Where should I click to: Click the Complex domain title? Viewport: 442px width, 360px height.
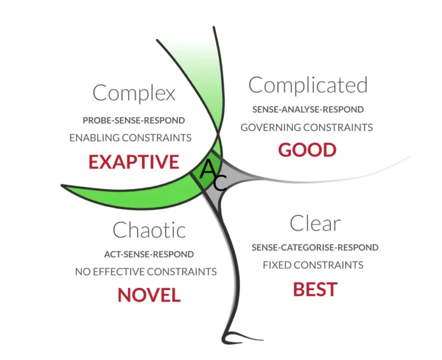point(134,93)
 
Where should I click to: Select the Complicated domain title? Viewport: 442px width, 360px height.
point(308,85)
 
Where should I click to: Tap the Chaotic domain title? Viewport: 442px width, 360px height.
point(149,230)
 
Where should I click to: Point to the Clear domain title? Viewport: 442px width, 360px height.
point(315,224)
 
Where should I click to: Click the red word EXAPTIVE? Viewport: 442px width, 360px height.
point(134,162)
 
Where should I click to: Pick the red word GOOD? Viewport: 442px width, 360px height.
point(307,150)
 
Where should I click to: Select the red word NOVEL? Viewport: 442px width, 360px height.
point(149,295)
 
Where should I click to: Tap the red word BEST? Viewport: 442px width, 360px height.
point(315,289)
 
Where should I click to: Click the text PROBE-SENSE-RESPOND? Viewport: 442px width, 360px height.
point(134,120)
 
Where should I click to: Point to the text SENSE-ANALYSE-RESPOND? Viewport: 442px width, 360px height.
point(308,110)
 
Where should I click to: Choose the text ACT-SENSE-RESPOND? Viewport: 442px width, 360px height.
point(149,254)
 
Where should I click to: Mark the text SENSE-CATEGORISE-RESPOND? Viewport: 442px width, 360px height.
point(315,248)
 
